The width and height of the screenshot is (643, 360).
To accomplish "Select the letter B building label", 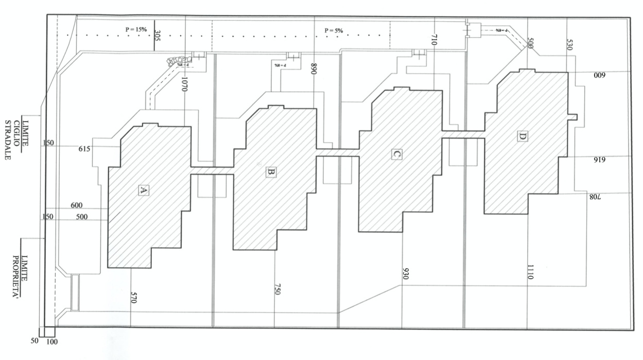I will point(271,172).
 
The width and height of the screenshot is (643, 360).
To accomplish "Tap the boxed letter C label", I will point(396,154).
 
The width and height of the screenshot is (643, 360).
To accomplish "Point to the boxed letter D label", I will point(522,136).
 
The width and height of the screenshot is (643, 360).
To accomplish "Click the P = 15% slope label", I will point(136,30).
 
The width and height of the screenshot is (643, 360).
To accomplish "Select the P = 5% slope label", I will point(334,31).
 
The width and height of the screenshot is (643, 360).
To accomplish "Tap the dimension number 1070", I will point(184,81).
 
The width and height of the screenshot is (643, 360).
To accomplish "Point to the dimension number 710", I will point(433,41).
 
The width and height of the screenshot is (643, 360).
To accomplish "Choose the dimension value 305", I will point(157,36).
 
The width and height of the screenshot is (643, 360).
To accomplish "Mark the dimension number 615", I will point(85,149).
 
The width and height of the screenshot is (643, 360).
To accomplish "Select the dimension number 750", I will point(277,289).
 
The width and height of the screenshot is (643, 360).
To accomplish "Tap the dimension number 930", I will point(405,274).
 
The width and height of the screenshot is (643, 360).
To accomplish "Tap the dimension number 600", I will point(77,205).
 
